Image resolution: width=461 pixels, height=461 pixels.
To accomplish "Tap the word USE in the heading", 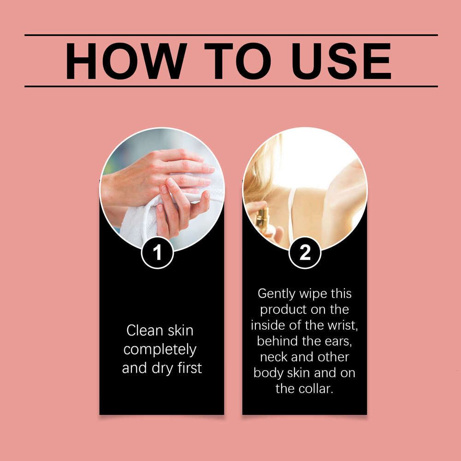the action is click(341, 61).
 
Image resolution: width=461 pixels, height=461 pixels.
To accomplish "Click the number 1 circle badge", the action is click(157, 253).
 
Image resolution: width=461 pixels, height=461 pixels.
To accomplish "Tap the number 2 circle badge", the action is click(305, 253).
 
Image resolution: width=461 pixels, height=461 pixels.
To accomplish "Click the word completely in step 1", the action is click(160, 350).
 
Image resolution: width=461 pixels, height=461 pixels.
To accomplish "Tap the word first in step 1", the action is click(189, 368).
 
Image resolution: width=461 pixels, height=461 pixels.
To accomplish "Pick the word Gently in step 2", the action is click(276, 294).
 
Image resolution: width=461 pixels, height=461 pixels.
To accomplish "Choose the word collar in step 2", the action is click(315, 389).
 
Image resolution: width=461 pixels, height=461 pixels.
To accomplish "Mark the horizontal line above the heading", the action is click(231, 35).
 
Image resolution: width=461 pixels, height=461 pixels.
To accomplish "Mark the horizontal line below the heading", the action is click(231, 87).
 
